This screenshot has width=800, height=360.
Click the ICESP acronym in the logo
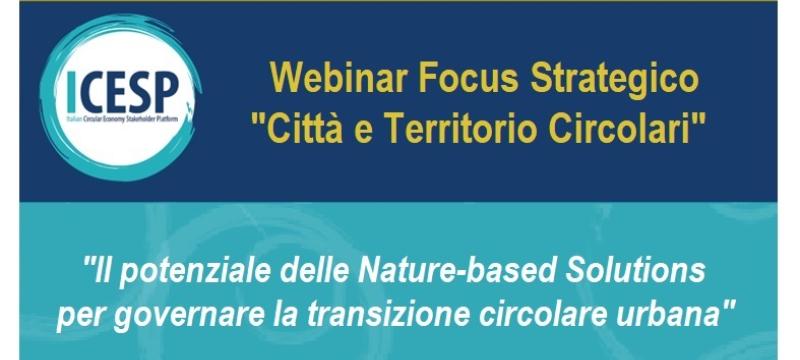click(x=120, y=92)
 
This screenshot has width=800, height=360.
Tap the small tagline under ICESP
click(x=120, y=117)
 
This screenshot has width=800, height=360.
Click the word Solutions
click(x=639, y=269)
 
